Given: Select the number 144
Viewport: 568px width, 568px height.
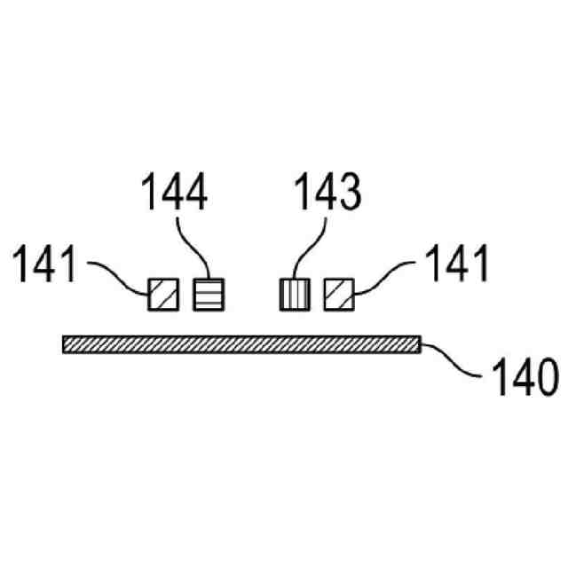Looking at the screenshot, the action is (175, 193).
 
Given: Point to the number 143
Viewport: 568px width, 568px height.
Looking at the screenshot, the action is (328, 193).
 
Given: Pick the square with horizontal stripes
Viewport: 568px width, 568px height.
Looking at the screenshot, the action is (209, 294).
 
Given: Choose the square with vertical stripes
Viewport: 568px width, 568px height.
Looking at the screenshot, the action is (295, 294).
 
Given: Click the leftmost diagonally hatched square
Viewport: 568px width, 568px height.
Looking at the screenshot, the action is (162, 294).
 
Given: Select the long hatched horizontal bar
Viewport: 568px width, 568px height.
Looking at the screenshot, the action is (240, 344).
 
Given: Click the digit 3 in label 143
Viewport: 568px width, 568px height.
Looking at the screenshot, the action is (351, 193).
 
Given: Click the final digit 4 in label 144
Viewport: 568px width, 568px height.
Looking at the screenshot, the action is (198, 193).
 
